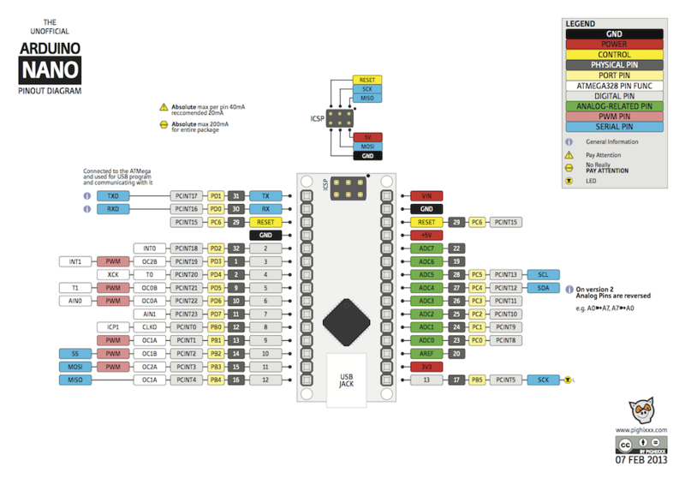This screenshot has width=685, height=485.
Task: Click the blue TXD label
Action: pos(113,195)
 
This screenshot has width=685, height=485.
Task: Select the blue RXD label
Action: pos(113,208)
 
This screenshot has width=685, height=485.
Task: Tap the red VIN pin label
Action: pos(426,195)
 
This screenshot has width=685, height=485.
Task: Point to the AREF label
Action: pos(426,353)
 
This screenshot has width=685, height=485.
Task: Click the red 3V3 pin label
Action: pos(426,366)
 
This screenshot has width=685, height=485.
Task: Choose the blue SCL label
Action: pos(543,274)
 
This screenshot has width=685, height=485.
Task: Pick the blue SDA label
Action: pos(543,288)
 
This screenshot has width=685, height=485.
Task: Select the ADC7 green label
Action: pos(426,248)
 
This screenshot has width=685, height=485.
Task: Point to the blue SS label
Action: pos(74,353)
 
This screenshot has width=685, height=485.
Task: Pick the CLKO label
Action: pos(150,326)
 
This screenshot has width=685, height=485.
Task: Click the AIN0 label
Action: pos(74,301)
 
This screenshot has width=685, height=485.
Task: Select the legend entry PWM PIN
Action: pos(613,117)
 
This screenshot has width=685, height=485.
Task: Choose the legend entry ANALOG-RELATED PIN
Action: pos(613,106)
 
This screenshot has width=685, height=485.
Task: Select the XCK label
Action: pos(113,274)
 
